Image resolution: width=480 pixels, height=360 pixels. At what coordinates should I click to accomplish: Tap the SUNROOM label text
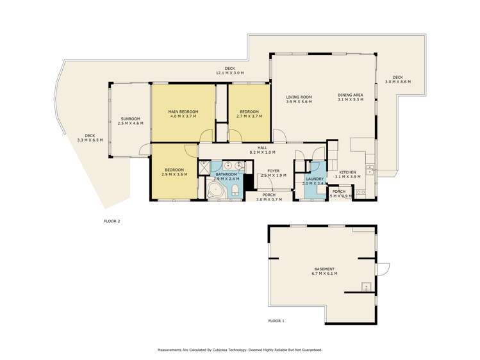click(x=130, y=119)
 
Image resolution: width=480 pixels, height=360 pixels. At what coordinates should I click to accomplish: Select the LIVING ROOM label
click(x=298, y=97)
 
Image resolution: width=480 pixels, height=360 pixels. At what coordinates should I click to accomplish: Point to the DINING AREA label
click(x=350, y=95)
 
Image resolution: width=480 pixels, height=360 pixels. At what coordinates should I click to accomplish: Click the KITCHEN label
click(x=347, y=172)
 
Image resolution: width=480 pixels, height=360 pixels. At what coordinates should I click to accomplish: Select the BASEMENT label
click(x=325, y=268)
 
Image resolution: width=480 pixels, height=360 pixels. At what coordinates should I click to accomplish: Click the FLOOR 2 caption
click(x=112, y=221)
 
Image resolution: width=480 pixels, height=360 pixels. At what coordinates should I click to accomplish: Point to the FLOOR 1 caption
click(x=276, y=320)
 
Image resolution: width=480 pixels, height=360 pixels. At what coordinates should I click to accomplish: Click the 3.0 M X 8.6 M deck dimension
click(x=397, y=82)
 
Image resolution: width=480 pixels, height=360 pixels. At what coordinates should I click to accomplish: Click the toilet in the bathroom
click(x=235, y=188)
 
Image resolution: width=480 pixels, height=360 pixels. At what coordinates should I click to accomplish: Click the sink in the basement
click(x=365, y=286)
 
